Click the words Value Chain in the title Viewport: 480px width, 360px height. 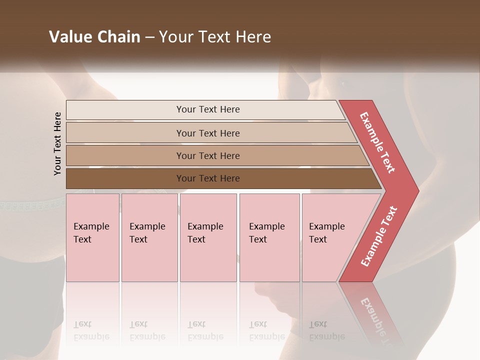click(x=94, y=37)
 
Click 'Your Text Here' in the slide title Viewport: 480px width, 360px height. click(x=215, y=37)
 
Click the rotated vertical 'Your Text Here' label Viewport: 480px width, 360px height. click(x=58, y=143)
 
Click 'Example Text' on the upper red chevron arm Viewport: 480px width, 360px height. click(x=377, y=142)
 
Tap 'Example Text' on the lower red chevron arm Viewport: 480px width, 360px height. click(x=379, y=236)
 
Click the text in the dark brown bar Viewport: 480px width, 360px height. click(x=208, y=178)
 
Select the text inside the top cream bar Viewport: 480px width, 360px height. click(x=208, y=109)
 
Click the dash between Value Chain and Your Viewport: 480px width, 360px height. click(x=149, y=37)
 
